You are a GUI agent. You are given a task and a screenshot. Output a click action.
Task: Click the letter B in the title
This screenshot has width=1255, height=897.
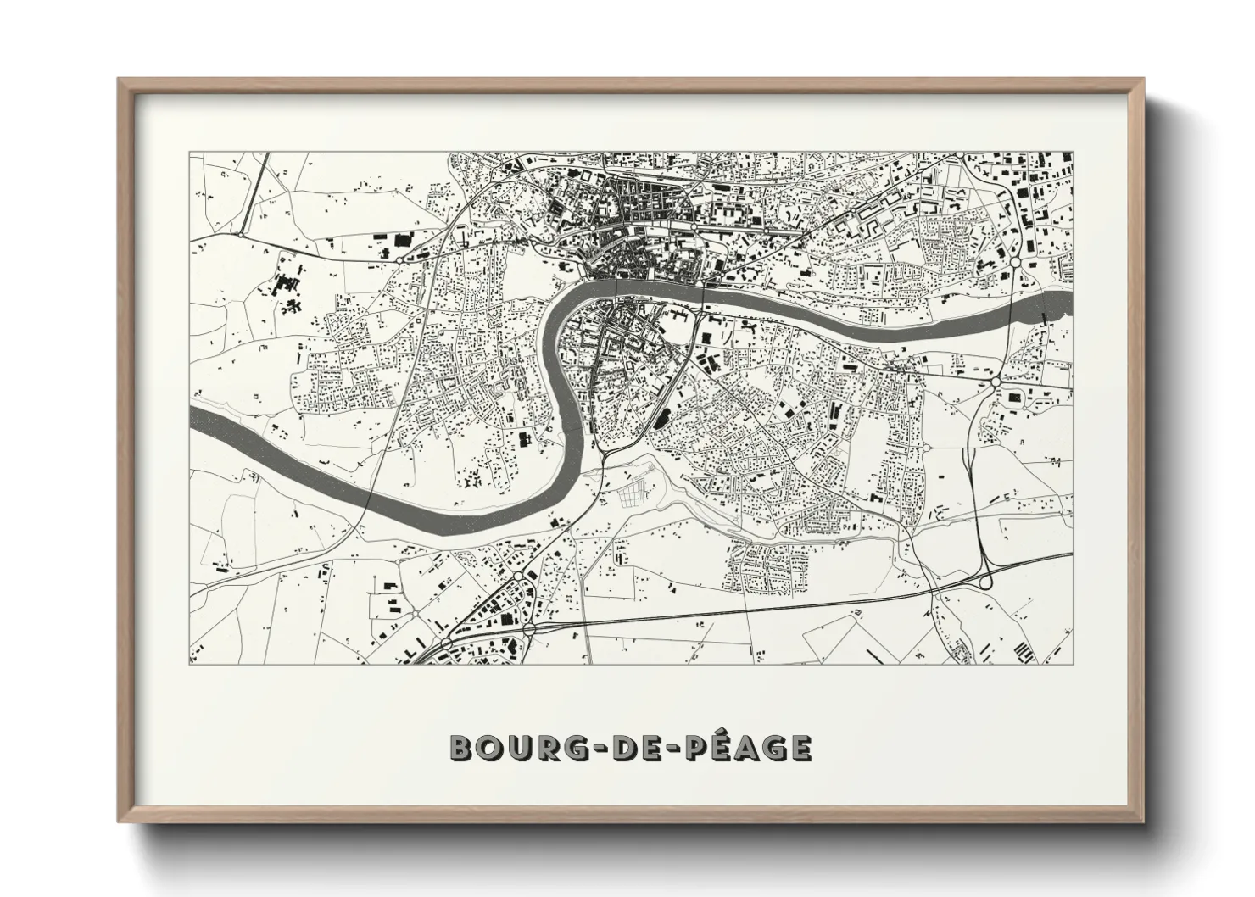click(x=461, y=748)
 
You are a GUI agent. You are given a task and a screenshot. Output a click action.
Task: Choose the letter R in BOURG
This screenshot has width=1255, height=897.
click(x=546, y=748)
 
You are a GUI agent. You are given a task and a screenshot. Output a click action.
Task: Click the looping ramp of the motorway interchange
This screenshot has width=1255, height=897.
click(x=984, y=580)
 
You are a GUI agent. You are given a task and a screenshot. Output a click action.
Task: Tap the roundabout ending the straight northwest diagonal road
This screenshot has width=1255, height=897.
click(x=242, y=233)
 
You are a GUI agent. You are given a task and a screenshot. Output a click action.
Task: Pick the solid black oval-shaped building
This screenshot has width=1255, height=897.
click(x=661, y=416)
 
